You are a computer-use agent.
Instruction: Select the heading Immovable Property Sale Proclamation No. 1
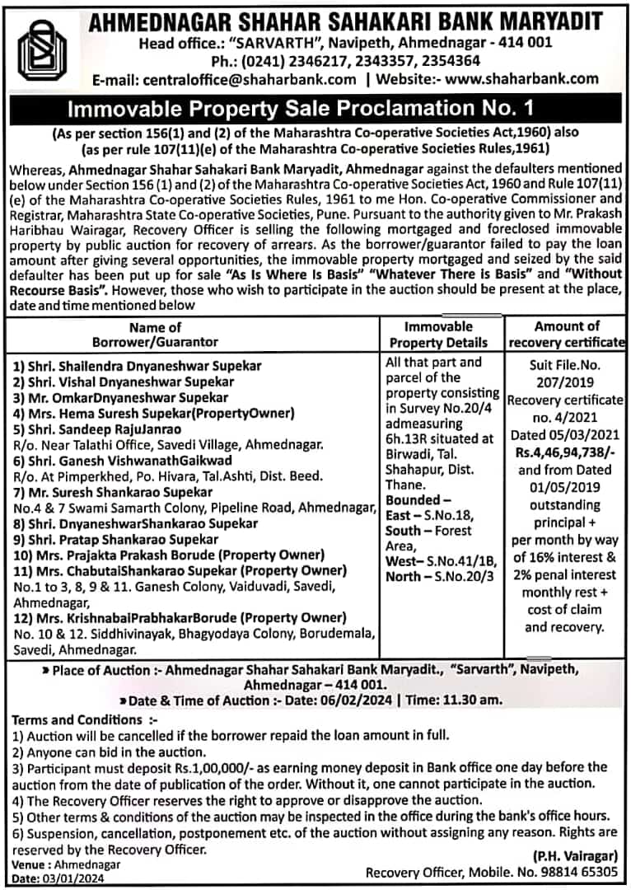point(315,107)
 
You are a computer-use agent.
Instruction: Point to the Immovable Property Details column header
point(438,335)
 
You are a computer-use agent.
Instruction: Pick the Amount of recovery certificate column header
point(567,334)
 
